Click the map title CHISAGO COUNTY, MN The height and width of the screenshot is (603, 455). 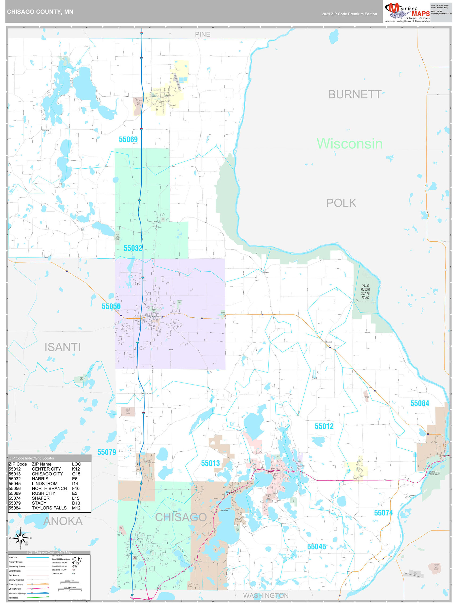click(40, 12)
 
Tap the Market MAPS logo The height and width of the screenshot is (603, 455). click(407, 12)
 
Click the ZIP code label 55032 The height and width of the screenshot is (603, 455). click(133, 248)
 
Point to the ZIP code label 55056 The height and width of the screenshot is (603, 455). click(111, 306)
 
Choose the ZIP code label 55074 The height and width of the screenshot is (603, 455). click(383, 513)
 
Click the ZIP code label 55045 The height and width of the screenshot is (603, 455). click(316, 546)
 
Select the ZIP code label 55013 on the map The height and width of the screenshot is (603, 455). click(210, 463)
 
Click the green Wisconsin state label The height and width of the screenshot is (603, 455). click(349, 144)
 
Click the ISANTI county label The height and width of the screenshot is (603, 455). click(62, 347)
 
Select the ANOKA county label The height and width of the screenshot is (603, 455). click(63, 521)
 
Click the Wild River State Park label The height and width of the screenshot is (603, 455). click(365, 291)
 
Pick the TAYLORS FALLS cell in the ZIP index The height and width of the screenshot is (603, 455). click(49, 508)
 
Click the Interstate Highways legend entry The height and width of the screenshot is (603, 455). click(17, 593)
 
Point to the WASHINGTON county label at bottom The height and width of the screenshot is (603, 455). click(266, 596)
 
